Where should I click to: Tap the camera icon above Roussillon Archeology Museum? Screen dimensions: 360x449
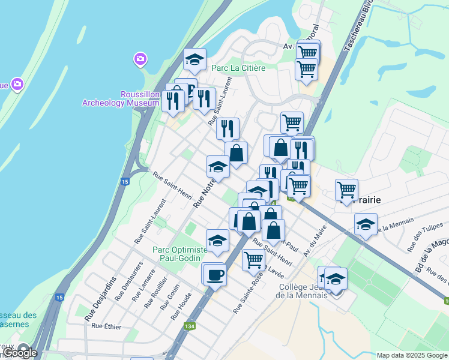tap(140, 59)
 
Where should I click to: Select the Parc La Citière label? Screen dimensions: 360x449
tap(238, 68)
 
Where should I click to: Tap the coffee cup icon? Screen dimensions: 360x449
tap(215, 275)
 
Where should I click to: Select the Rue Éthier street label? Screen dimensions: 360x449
tap(106, 326)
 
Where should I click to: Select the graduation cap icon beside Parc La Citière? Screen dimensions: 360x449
tap(194, 59)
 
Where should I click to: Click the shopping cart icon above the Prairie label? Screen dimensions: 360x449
tap(346, 190)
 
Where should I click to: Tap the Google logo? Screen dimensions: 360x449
tap(20, 353)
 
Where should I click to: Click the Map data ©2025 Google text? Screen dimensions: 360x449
tap(412, 355)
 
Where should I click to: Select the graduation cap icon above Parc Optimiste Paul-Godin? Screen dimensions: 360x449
tap(217, 241)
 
